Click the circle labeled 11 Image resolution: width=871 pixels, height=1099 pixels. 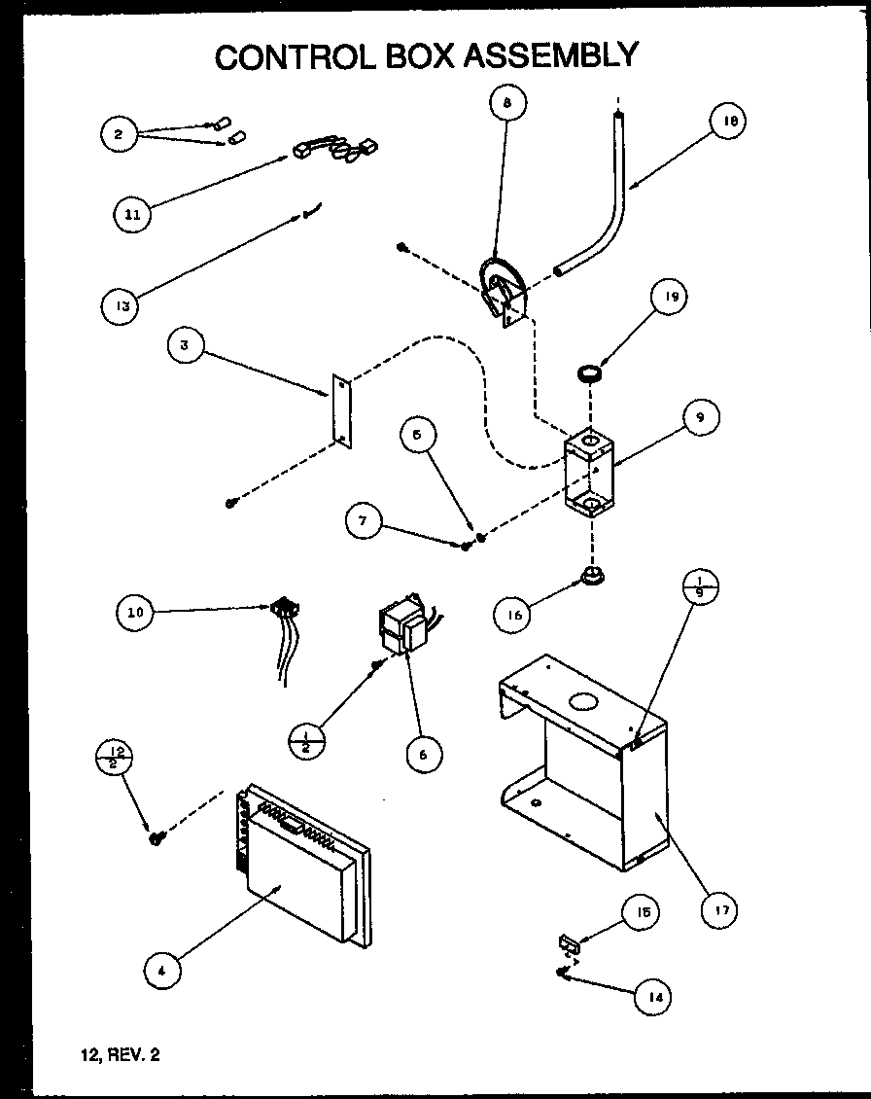pyautogui.click(x=132, y=215)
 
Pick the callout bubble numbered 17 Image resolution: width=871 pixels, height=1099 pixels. pyautogui.click(x=721, y=910)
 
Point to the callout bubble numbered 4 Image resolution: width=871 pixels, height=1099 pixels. pyautogui.click(x=162, y=968)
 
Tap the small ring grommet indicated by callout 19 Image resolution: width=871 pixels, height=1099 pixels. pyautogui.click(x=588, y=372)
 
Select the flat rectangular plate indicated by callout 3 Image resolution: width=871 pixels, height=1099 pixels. pyautogui.click(x=339, y=410)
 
